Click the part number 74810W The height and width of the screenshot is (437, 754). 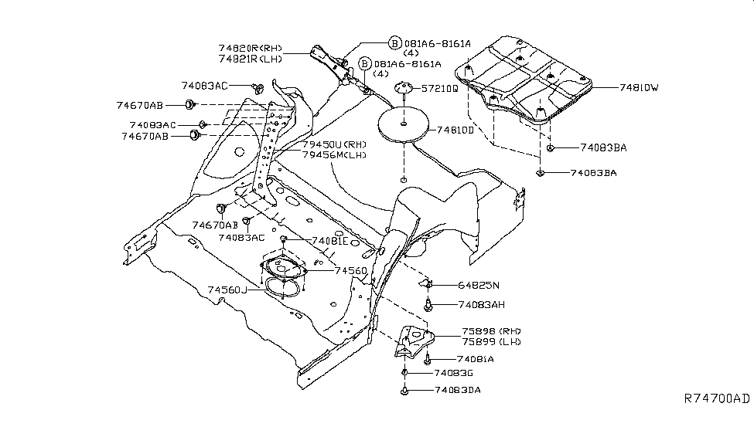pos(639,88)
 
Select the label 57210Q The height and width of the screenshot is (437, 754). pos(439,90)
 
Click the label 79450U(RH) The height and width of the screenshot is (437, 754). pos(334,144)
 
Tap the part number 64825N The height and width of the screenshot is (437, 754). pos(479,285)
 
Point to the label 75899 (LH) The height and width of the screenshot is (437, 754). pos(491,342)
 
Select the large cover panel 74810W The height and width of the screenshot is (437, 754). pos(526,77)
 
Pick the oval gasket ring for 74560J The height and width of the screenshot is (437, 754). pos(284,286)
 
